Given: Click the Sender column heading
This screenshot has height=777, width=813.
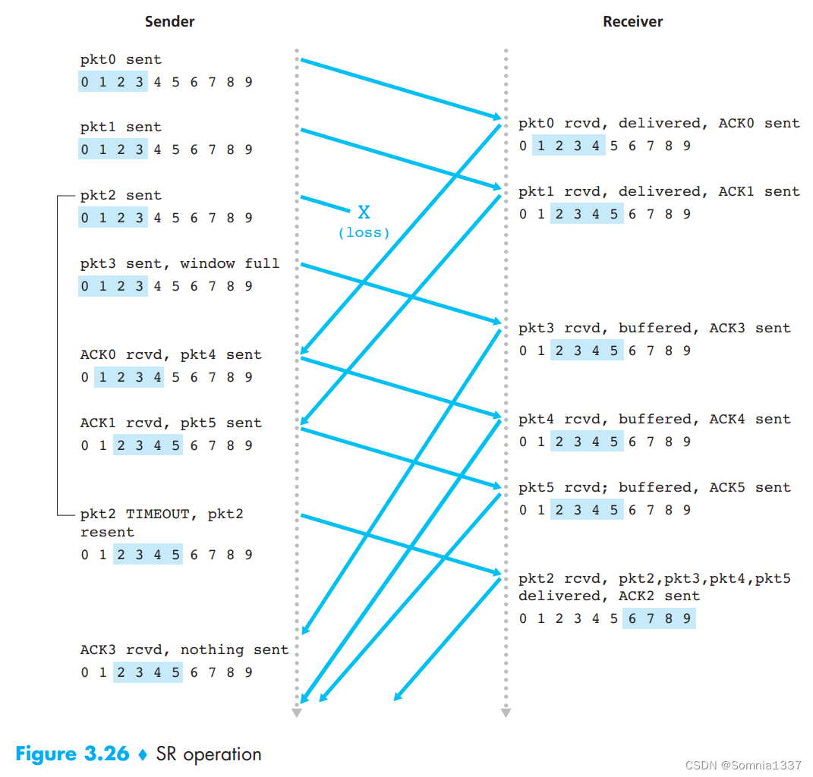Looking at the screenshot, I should (x=169, y=21).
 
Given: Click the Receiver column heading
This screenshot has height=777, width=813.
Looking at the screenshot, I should (x=632, y=21).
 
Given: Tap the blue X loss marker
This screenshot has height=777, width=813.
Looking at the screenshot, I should (x=364, y=212).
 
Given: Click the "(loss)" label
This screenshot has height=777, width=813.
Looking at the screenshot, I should (x=364, y=233).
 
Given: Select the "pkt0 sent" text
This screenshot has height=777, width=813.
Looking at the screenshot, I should (x=121, y=59).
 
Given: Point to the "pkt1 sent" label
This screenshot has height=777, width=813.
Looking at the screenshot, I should (x=121, y=127).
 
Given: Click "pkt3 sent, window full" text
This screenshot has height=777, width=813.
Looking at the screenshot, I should (x=180, y=264).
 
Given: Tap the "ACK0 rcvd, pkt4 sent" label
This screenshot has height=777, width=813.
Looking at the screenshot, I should (x=171, y=355).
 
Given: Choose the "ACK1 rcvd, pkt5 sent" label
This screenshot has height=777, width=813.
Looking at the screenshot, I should (x=171, y=423).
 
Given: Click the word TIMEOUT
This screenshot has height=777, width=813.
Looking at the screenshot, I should (x=157, y=514).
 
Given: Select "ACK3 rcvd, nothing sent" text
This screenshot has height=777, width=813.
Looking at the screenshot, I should (x=184, y=650).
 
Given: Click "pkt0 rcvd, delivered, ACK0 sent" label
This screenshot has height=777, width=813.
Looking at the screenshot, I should (x=659, y=124).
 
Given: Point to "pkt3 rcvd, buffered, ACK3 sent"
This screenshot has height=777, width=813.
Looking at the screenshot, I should (x=654, y=329).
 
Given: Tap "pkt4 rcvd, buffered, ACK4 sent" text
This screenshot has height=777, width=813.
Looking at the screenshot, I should (x=654, y=420).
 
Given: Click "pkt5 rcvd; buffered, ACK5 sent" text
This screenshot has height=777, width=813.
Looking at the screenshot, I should (x=654, y=488).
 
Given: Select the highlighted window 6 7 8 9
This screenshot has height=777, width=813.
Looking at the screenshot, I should (x=659, y=619).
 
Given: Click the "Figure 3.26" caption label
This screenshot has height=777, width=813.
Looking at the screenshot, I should (x=72, y=754).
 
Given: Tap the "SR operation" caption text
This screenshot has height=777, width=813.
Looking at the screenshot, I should (x=209, y=754).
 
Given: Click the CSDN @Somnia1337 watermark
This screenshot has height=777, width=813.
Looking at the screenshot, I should (x=743, y=765).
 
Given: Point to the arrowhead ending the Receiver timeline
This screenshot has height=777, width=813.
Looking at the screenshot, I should (x=506, y=712).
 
